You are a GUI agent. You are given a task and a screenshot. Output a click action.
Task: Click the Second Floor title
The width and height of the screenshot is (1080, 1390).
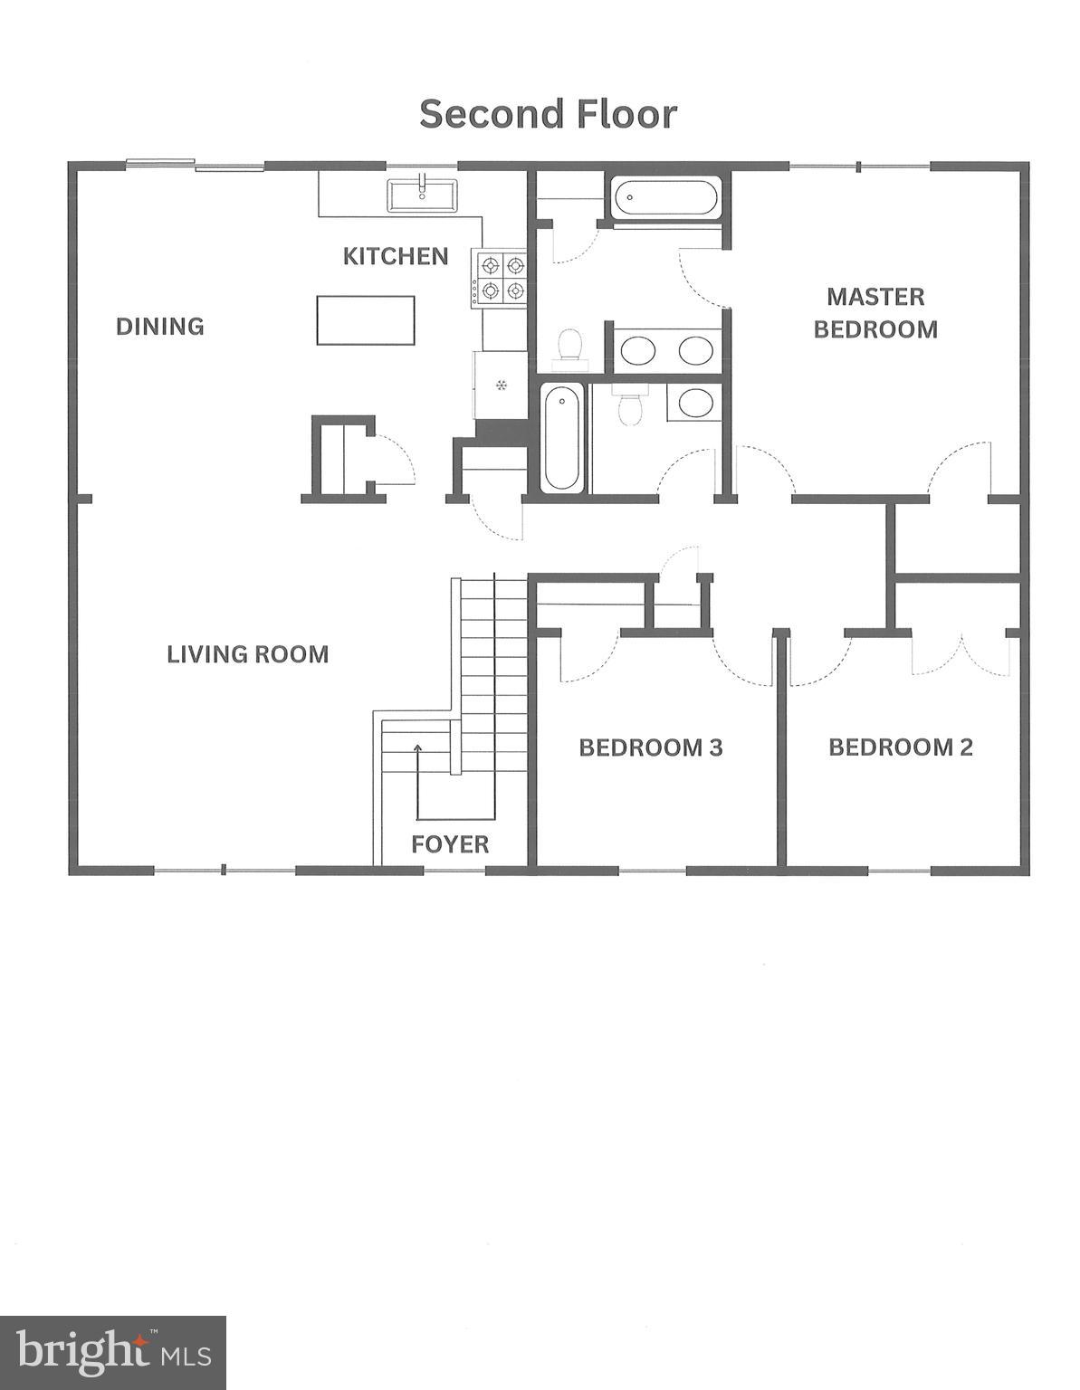click(548, 115)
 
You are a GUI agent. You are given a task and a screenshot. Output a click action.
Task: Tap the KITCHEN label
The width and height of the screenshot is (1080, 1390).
click(396, 256)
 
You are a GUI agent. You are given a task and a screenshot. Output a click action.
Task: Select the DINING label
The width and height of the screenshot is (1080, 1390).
click(160, 326)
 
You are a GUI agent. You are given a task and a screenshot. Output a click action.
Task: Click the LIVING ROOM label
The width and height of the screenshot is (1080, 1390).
click(247, 654)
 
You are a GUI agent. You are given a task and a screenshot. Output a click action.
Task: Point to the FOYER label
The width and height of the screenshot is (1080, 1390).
click(450, 844)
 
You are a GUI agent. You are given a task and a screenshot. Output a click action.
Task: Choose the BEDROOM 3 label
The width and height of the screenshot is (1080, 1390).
click(650, 747)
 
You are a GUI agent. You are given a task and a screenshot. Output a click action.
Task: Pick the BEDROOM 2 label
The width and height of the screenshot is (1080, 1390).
click(901, 747)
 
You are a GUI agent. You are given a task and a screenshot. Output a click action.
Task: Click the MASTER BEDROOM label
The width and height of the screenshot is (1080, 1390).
click(875, 313)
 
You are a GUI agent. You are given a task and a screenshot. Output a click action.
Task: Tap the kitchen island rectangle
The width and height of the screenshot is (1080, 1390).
click(366, 320)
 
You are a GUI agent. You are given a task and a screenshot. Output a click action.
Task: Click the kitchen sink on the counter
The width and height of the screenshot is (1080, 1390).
click(423, 195)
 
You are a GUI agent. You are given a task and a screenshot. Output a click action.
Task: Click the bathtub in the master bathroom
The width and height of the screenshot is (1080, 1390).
click(665, 198)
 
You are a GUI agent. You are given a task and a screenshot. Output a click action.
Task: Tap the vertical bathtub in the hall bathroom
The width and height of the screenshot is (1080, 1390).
click(562, 438)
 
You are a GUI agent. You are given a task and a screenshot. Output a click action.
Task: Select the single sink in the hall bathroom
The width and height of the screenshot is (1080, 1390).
click(695, 403)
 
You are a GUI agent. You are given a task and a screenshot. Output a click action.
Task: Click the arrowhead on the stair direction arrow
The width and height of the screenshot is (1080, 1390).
click(417, 747)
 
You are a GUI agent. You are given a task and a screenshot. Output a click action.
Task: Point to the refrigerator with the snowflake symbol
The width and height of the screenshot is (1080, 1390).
click(500, 386)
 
